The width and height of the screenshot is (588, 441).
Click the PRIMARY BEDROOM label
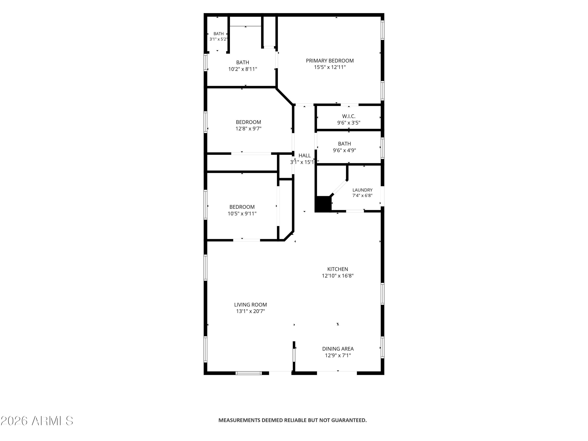[330, 61]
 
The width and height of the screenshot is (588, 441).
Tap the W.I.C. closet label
[349, 116]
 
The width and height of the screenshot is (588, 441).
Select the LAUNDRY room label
[362, 190]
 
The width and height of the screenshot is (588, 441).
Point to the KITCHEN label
[338, 269]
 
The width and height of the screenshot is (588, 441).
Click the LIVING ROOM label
[250, 305]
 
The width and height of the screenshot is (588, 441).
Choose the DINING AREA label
[338, 349]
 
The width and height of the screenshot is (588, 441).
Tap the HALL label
[305, 155]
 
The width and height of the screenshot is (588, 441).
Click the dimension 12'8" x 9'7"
[249, 129]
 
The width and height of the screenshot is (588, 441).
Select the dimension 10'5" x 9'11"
[242, 213]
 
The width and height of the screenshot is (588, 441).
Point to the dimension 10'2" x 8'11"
[243, 69]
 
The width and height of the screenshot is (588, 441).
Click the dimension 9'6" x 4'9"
[345, 150]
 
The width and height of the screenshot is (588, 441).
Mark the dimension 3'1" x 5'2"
[219, 39]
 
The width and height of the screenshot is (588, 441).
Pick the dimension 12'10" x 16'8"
[338, 276]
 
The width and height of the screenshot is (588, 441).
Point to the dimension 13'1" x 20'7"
[250, 311]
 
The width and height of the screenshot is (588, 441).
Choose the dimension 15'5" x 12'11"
[330, 67]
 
